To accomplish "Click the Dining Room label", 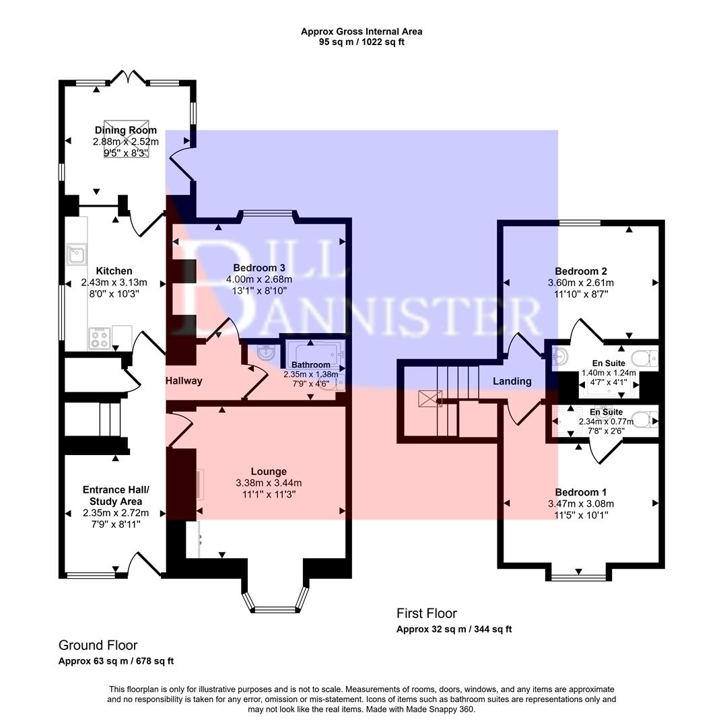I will click(x=125, y=130).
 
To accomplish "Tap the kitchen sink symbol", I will click(x=75, y=254).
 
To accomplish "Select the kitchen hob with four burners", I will click(x=99, y=338).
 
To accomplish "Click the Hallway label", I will click(x=184, y=380).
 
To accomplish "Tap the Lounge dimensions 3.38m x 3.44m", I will click(x=269, y=483).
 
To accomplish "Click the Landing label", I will click(x=512, y=381).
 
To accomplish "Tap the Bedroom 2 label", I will click(x=580, y=271).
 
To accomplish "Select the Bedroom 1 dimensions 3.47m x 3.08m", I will click(x=580, y=504).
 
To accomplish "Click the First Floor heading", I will click(x=426, y=613).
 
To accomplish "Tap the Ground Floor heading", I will click(x=98, y=645).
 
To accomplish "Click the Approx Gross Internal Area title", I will click(x=361, y=32).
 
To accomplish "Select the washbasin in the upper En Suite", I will click(x=560, y=357).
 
